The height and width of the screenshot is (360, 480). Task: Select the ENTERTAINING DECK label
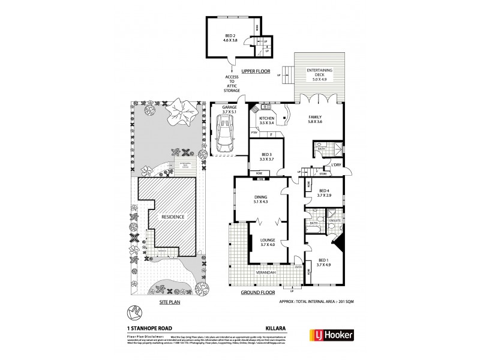click(320, 74)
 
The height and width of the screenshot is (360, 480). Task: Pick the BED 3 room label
click(265, 158)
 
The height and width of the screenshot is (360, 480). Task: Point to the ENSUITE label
click(334, 220)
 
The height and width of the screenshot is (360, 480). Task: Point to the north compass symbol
click(134, 311)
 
